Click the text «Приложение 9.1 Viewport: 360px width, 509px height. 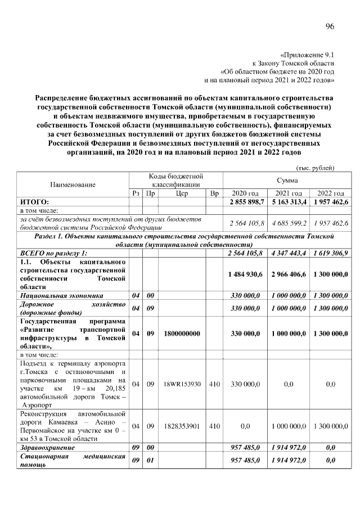coord(307,55)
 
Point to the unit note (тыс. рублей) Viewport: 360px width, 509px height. coord(315,168)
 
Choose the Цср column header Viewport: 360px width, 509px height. coord(181,193)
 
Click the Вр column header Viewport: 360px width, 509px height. coord(214,193)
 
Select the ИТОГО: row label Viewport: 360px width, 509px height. coord(35,201)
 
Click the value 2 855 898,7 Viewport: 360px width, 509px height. coord(245,201)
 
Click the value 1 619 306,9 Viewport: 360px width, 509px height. coord(331,254)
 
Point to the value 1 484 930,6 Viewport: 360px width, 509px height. coord(245,274)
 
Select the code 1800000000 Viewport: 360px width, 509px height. coord(181,334)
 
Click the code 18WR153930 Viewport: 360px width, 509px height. coord(181,384)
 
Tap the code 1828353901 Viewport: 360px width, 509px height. coord(181,426)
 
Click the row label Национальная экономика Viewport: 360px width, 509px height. coord(62,295)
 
